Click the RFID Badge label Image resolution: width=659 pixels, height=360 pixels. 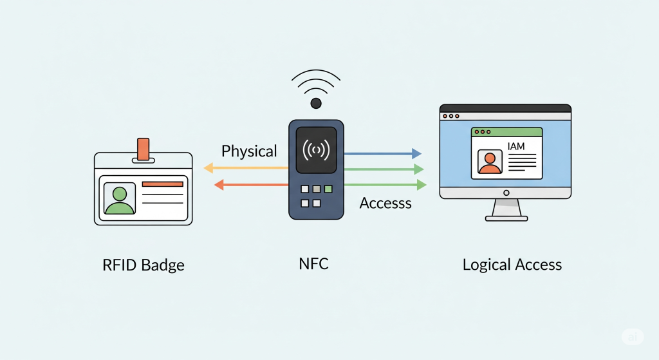point(144,265)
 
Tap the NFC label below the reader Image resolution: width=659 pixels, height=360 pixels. point(313,263)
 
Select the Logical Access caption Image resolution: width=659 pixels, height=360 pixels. point(512,265)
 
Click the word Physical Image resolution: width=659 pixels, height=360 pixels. point(249,151)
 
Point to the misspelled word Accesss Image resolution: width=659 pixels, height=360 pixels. point(385,203)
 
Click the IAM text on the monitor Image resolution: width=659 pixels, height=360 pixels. point(516,146)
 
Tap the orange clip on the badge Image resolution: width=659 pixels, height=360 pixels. point(144,149)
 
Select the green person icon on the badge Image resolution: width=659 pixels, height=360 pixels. point(120,200)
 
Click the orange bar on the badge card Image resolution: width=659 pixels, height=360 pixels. point(163,184)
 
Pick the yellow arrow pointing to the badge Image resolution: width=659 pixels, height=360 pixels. point(246,168)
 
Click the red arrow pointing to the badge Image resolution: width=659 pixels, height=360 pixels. point(252,185)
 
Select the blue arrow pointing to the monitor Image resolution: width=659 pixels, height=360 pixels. point(383,153)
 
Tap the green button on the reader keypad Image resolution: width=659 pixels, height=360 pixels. point(328,189)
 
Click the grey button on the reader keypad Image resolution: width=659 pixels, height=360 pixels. point(317,189)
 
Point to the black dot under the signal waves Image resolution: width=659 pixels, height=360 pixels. point(316,103)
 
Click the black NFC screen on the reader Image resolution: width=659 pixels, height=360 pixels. point(316,150)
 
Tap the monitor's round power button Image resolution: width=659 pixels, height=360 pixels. point(506,193)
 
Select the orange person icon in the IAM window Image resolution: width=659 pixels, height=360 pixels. point(490,163)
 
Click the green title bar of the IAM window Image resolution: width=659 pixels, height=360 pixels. point(507,132)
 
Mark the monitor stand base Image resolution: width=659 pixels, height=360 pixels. point(506,218)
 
